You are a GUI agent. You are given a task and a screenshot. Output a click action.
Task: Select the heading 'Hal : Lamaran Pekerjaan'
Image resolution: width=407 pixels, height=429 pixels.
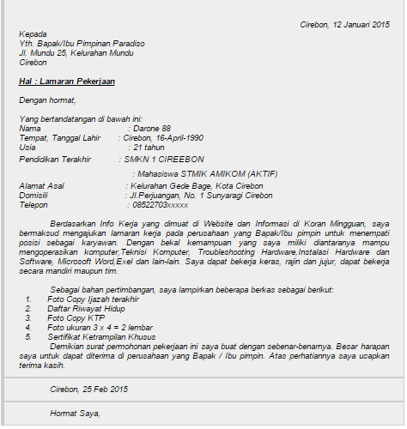coord(67,82)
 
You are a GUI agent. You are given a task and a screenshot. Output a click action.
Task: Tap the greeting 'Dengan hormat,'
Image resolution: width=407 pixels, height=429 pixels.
coord(46,100)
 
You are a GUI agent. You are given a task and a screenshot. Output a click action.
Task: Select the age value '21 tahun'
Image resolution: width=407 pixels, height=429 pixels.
coord(150,147)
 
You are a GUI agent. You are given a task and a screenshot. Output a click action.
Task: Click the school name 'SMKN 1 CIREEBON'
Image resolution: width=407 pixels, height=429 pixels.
coord(164,159)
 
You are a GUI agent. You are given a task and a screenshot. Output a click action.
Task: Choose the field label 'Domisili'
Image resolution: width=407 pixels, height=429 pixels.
coord(34,196)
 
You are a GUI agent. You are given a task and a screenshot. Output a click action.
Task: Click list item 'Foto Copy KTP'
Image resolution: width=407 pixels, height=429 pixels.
coord(75,318)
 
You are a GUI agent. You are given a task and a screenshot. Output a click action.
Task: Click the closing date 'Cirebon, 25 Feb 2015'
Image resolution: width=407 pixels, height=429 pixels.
coord(88,389)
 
